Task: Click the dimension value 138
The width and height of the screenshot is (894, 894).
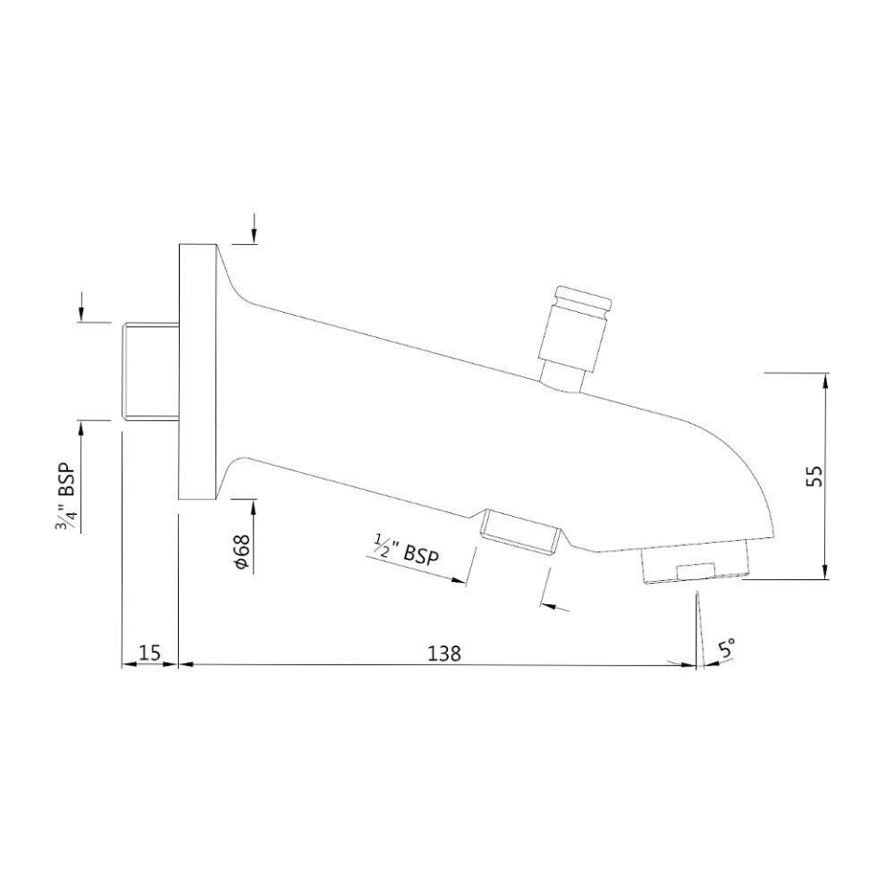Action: click(x=444, y=653)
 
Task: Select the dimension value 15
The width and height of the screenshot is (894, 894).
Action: click(x=149, y=653)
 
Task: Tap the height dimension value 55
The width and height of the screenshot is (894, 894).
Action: click(x=813, y=475)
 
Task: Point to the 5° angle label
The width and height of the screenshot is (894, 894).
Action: click(x=727, y=648)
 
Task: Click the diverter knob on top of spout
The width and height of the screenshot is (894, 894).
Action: click(x=577, y=326)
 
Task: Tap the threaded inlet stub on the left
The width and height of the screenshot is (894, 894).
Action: click(x=151, y=371)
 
